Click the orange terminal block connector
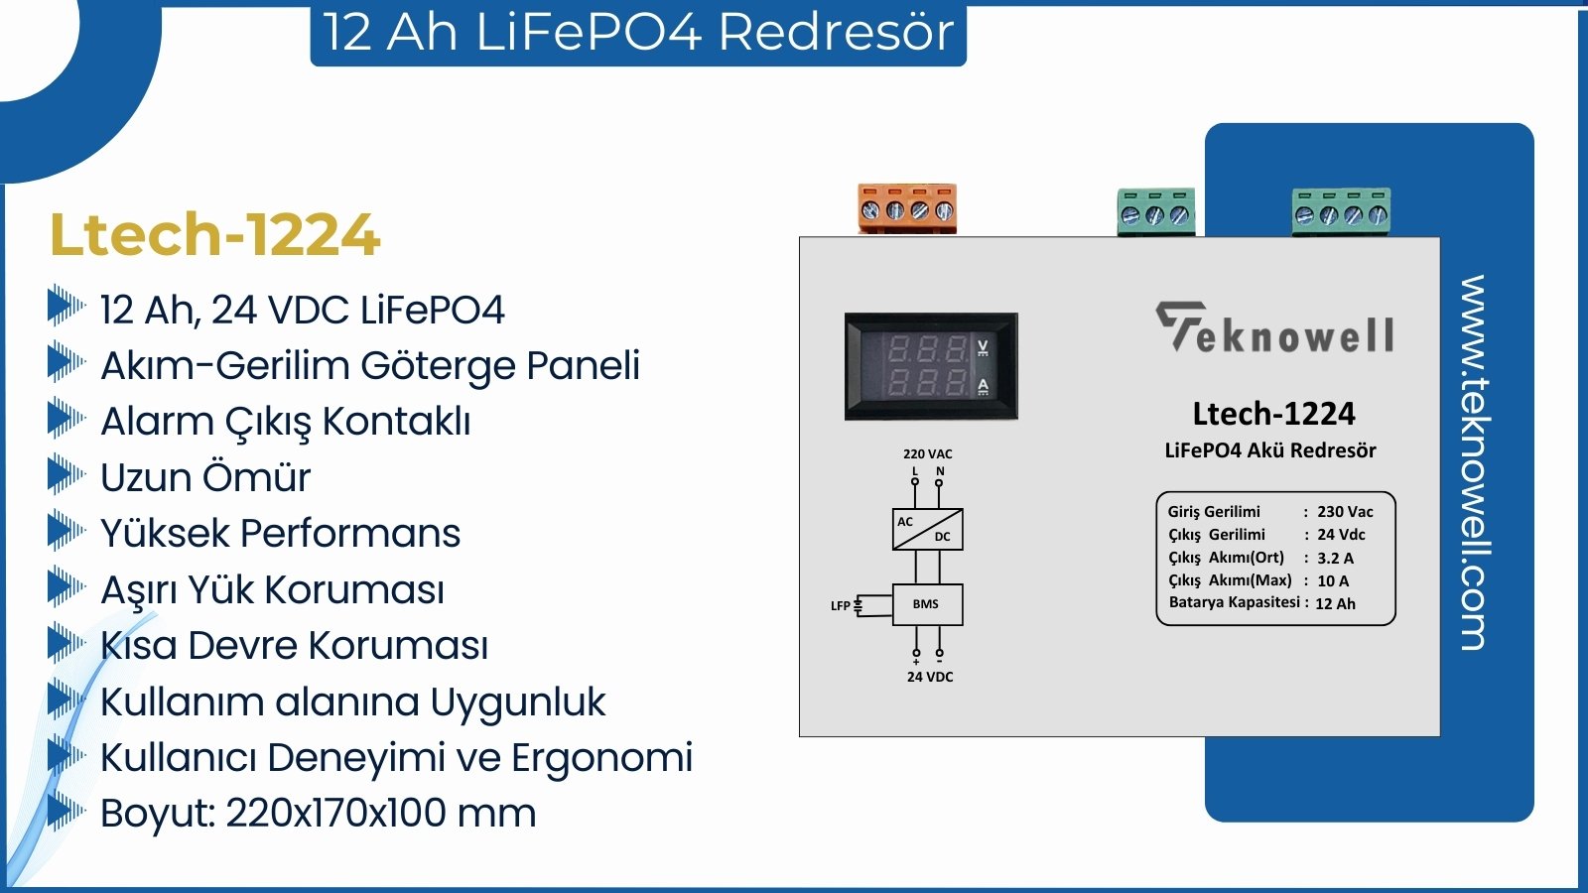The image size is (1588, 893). coord(907,208)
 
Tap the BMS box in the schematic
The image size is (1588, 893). coord(927,604)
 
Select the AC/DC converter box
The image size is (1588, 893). coord(927,529)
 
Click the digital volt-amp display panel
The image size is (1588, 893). coord(931,366)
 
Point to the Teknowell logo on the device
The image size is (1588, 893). coord(1275,328)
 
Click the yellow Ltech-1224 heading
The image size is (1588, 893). coord(214,235)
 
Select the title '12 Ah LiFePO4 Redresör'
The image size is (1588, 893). coord(638,32)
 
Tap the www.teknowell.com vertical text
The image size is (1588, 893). coord(1474,462)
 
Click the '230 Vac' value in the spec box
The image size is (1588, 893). coord(1345,512)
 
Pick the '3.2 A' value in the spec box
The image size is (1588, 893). coord(1335,559)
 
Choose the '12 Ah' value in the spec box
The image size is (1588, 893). coord(1335,604)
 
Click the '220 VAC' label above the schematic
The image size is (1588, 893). coord(927,454)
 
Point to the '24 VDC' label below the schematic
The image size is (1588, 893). coord(930,678)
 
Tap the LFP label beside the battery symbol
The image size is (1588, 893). coord(840,606)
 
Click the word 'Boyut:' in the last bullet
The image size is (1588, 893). coord(158,814)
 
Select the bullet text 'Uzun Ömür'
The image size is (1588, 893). coord(205,477)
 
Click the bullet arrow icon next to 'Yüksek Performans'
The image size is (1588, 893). coord(66,530)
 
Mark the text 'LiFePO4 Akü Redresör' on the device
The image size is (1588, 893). coord(1270,450)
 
